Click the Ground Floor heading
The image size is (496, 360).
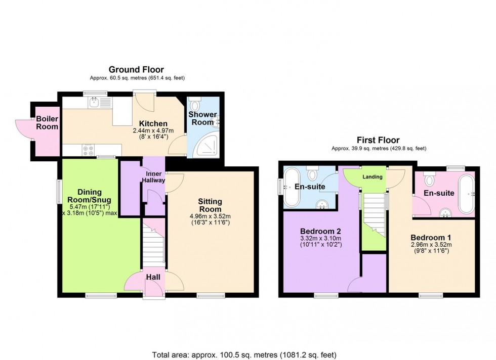coord(137,70)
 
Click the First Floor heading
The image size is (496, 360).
coord(379,140)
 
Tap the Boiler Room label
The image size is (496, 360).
coord(47,123)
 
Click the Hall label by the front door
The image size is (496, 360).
coord(153,277)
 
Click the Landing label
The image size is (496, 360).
coord(373,176)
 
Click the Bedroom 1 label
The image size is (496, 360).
coord(431,237)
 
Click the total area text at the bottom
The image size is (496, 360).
coord(247,354)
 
